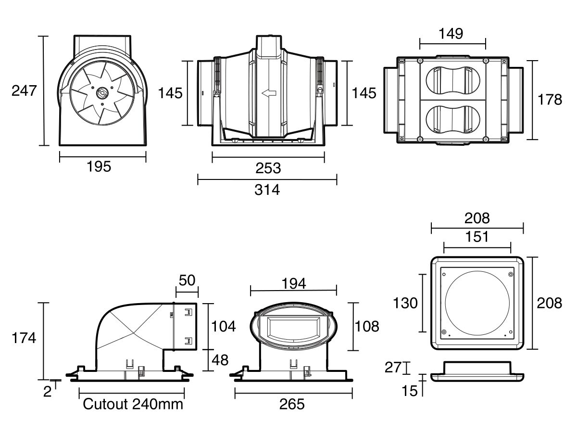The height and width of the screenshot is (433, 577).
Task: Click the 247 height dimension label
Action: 24,90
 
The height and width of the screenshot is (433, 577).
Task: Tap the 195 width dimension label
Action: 99,166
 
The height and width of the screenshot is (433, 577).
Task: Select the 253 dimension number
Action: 268,168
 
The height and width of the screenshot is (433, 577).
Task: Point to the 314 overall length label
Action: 267,190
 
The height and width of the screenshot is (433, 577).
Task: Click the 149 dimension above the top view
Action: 451,34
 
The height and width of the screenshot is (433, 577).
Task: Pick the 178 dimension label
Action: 550,100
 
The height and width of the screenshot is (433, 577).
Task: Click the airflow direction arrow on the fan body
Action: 269,93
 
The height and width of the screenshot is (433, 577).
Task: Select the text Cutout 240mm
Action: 133,404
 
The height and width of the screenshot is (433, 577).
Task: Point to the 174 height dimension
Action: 24,338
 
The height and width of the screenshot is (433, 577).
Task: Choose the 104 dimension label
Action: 224,326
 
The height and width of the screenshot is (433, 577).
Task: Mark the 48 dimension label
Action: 221,359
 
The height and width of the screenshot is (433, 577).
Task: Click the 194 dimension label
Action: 294,283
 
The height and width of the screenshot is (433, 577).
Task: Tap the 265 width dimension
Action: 292,404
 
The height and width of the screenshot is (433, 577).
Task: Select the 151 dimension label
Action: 477,237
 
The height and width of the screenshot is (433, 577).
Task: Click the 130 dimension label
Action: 406,303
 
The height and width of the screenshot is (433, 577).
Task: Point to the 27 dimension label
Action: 393,368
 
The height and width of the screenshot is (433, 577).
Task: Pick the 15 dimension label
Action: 410,391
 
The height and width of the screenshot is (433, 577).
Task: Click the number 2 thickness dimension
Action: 47,391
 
